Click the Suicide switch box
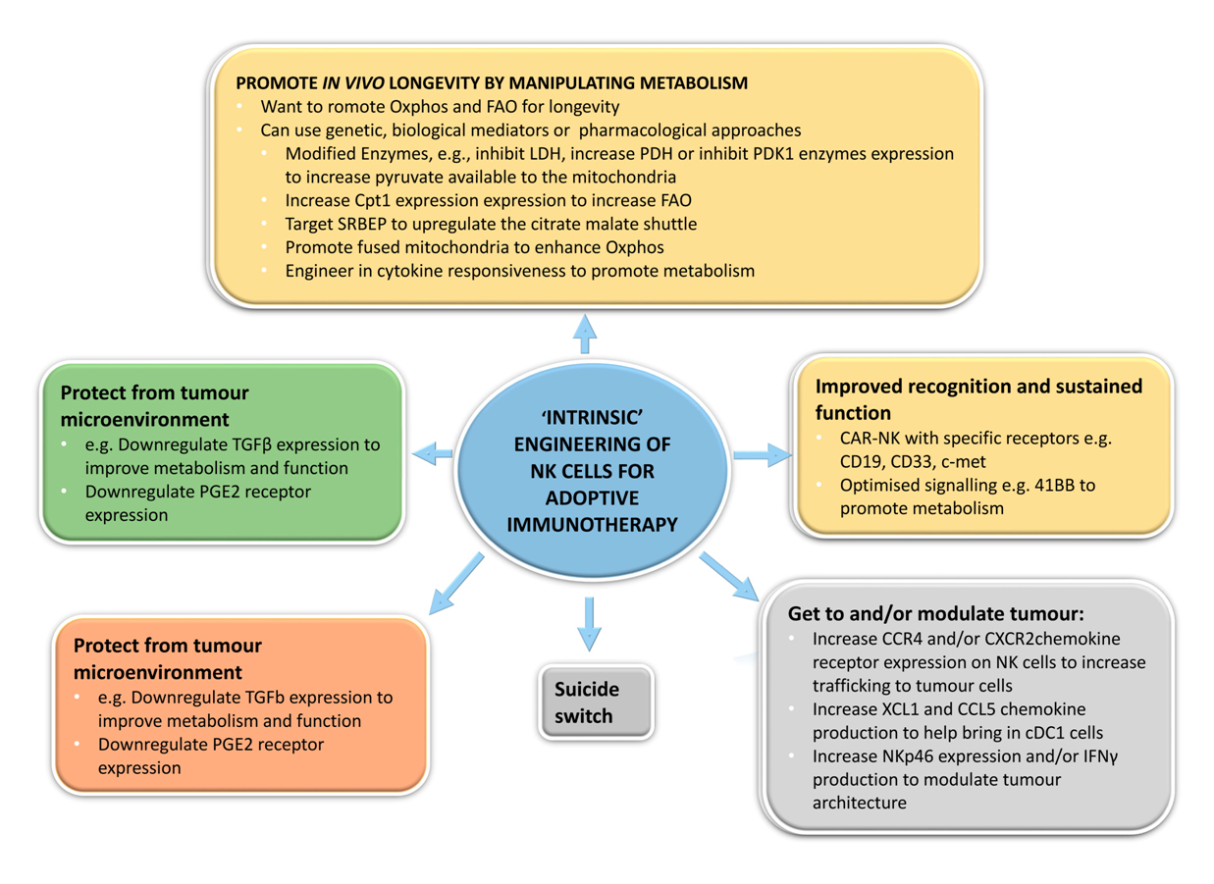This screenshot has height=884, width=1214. click(596, 702)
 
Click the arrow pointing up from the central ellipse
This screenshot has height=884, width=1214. click(585, 334)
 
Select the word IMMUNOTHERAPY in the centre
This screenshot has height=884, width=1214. click(592, 524)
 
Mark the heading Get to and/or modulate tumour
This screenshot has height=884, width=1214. click(935, 613)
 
